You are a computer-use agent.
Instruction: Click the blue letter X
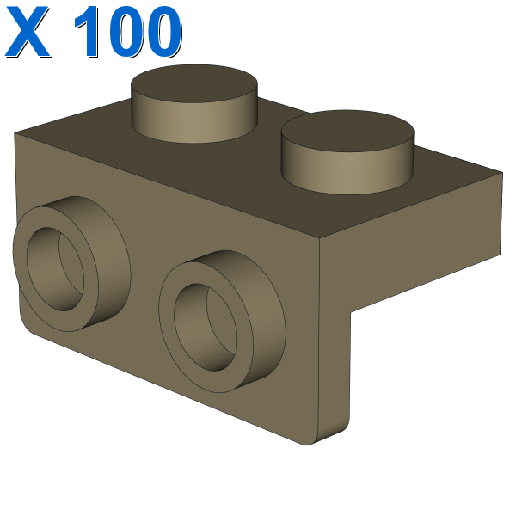[28, 32]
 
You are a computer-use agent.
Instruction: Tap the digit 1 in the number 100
[89, 32]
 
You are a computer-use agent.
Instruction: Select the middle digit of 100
[127, 32]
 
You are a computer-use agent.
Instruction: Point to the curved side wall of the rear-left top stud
[194, 122]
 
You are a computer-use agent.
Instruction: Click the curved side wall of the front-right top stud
[347, 173]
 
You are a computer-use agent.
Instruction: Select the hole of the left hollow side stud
[55, 269]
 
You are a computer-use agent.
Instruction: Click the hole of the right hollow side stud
[206, 327]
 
